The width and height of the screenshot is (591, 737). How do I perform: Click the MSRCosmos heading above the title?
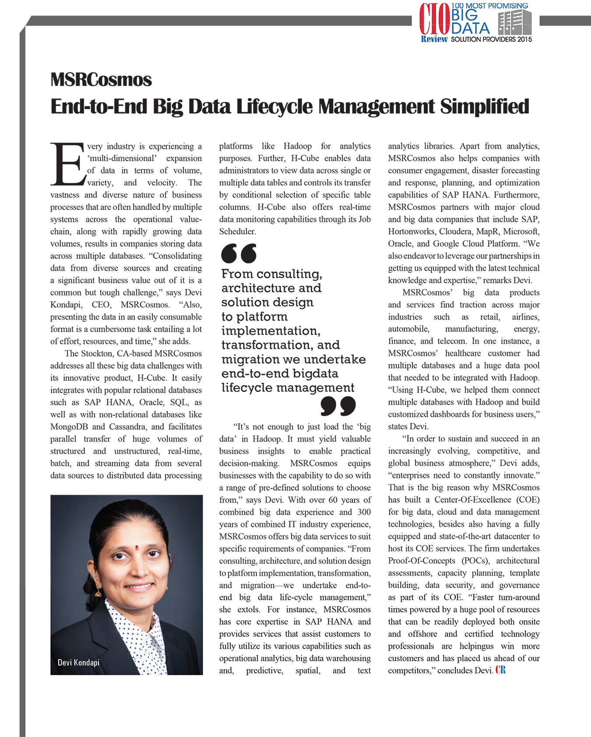point(101,80)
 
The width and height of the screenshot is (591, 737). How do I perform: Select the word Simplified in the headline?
point(485,106)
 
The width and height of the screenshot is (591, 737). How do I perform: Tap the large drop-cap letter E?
point(68,164)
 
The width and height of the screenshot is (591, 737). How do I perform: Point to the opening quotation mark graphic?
point(239,253)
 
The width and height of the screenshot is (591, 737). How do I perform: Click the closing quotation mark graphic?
point(338,406)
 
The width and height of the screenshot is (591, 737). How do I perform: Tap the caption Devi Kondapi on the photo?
point(79,663)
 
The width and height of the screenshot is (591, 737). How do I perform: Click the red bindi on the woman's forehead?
point(137,547)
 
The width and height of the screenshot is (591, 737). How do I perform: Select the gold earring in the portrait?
point(98,591)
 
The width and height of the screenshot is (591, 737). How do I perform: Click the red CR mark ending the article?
point(500,670)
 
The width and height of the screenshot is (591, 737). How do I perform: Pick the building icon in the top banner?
point(515,22)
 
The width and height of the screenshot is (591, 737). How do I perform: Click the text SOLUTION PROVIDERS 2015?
point(491,39)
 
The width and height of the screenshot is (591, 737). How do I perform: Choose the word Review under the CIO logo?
point(434,39)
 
